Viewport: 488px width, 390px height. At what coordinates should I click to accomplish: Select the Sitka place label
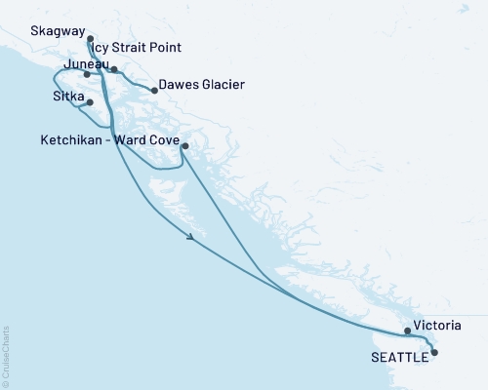[69, 97]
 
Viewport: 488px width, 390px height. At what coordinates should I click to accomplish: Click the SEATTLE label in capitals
[399, 358]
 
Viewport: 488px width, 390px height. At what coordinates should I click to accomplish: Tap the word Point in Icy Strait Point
[163, 47]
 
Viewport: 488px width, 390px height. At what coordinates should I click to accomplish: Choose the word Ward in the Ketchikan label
[136, 140]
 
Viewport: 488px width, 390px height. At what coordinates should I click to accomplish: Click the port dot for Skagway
[90, 40]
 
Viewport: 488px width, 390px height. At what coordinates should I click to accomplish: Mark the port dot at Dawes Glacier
[153, 91]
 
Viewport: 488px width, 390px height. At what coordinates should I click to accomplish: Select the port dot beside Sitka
[90, 102]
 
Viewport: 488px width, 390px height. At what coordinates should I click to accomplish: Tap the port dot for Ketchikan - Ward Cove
[184, 147]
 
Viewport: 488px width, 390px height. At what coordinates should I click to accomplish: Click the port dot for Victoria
[408, 331]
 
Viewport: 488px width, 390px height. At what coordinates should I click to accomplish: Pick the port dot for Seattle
[434, 353]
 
